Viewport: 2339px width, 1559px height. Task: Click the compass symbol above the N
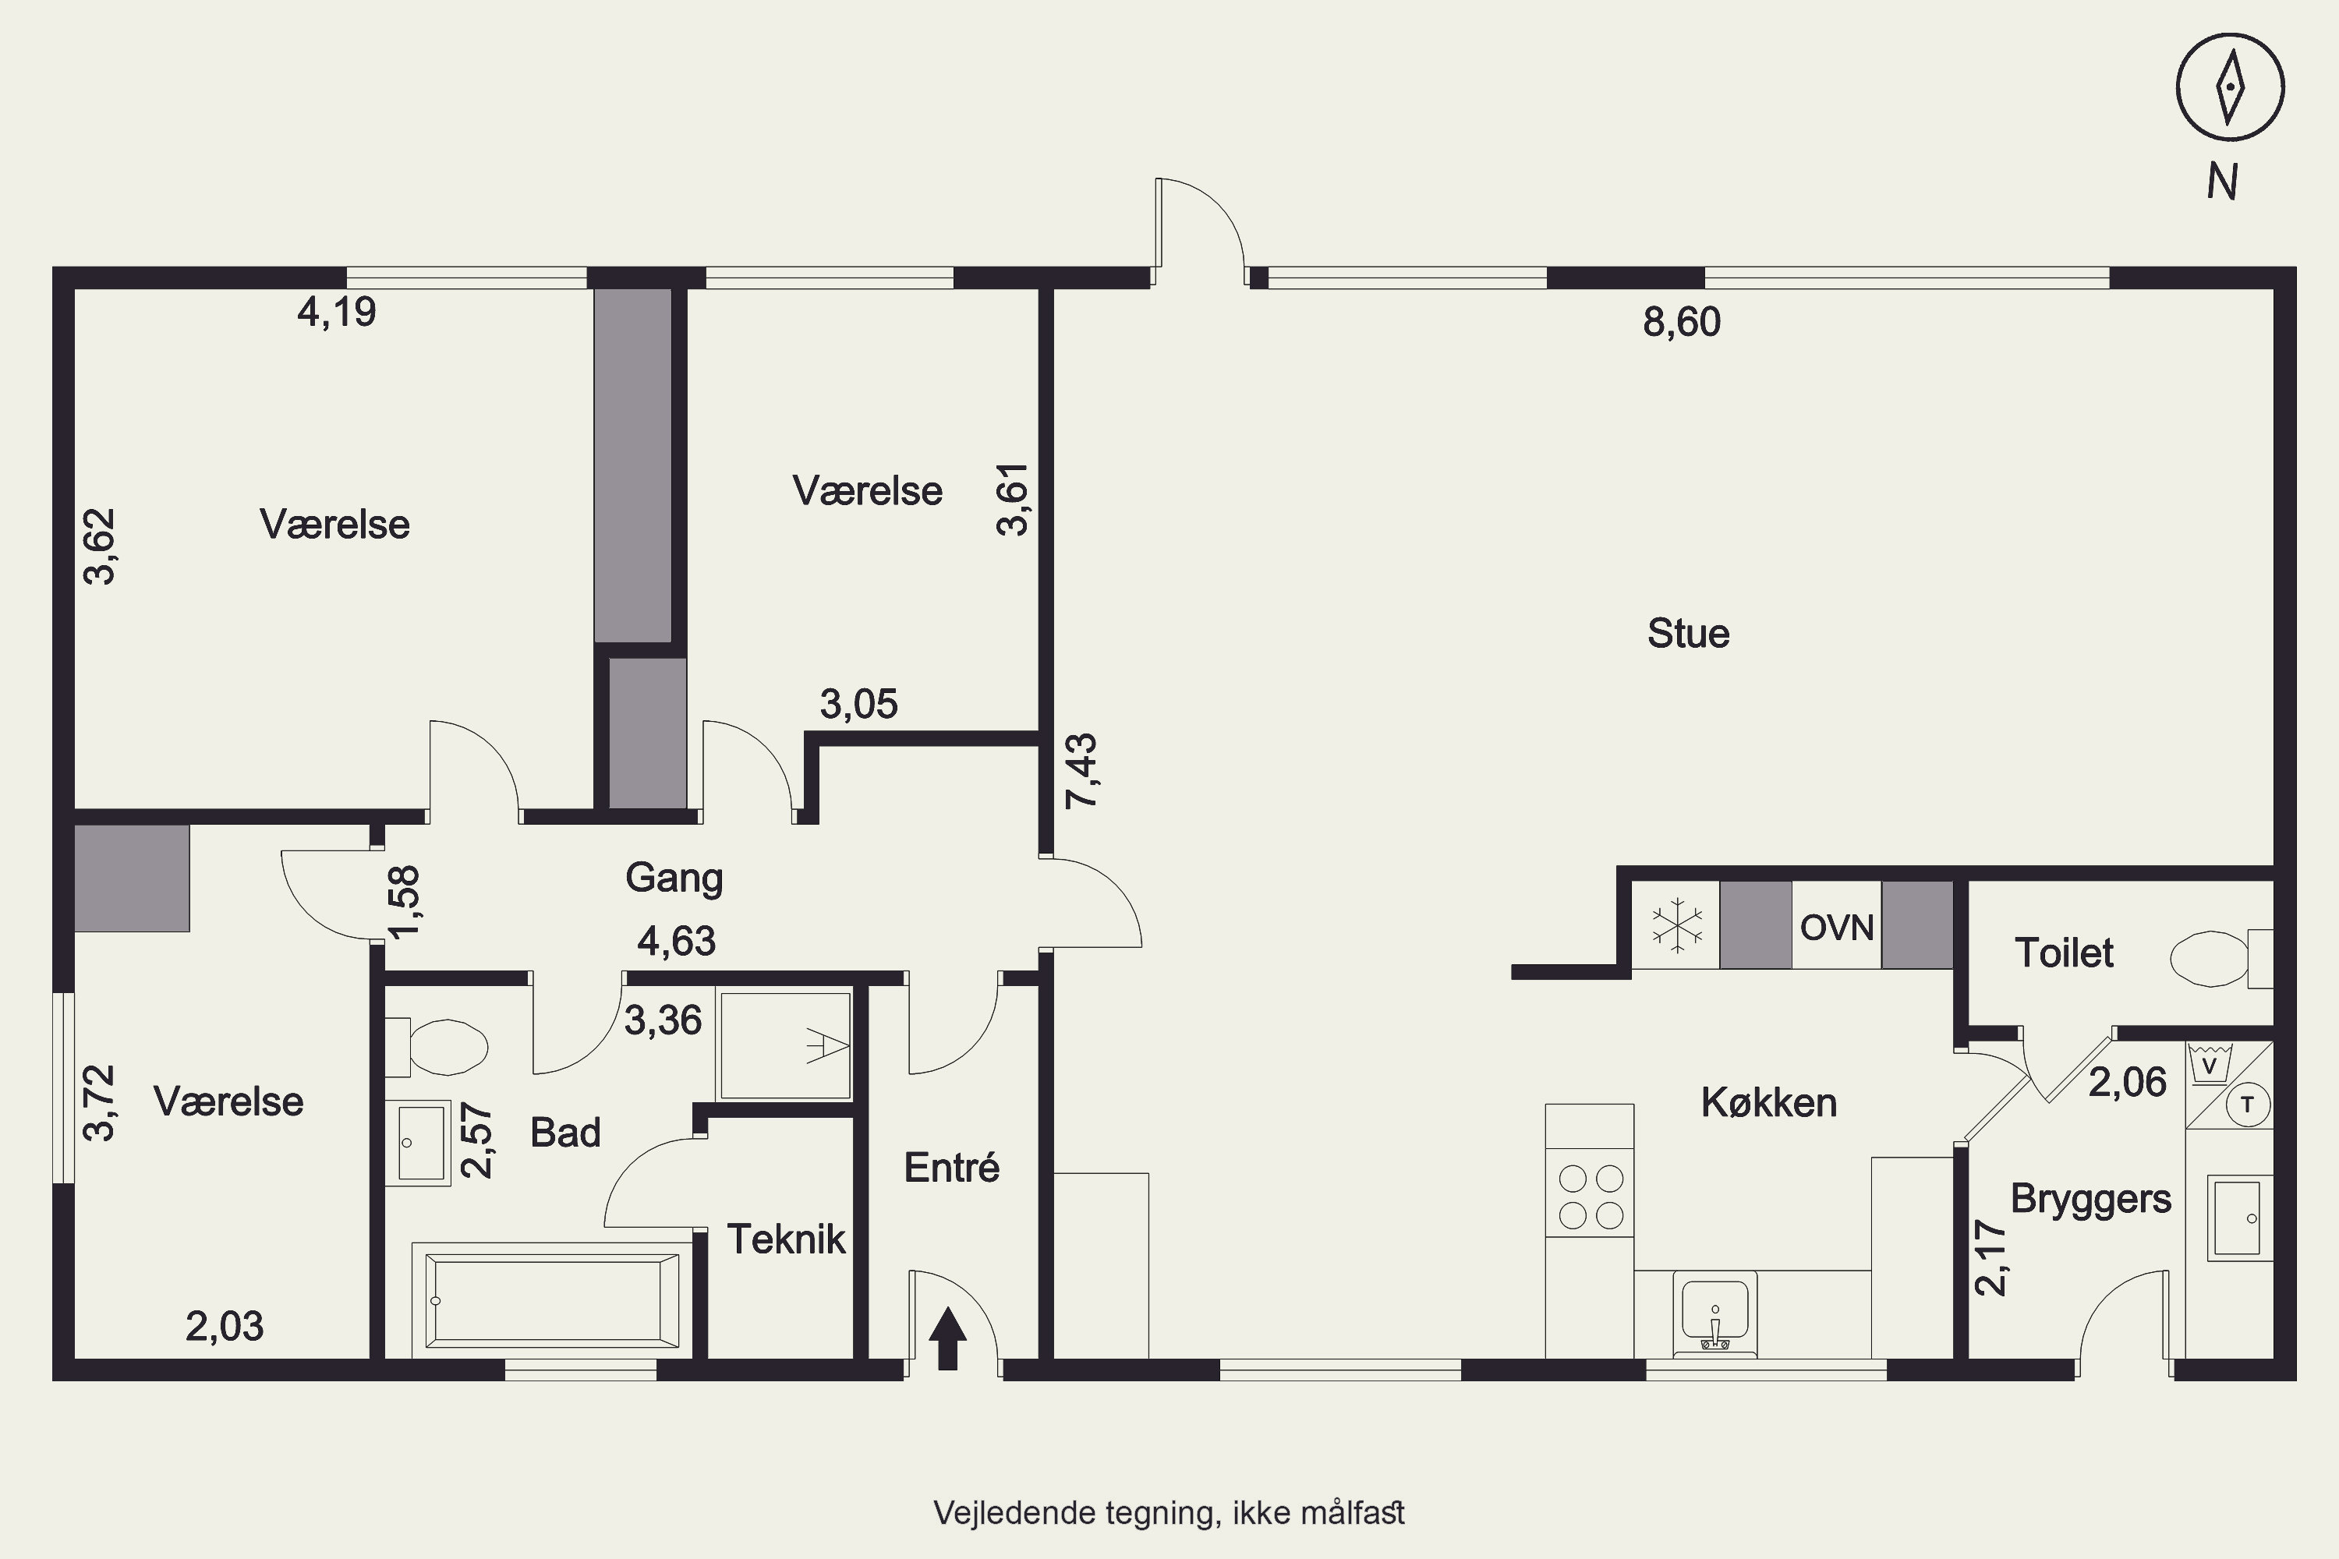pos(2230,87)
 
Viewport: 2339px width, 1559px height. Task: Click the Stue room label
pos(1688,633)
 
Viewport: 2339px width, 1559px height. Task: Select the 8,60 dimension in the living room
pos(1682,322)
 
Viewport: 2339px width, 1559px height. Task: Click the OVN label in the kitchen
pos(1837,928)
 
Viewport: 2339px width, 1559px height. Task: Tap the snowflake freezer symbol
pos(1678,926)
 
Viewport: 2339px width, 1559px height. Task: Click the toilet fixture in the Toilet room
pos(2220,959)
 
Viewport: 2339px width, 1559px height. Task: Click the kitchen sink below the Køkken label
pos(1714,1313)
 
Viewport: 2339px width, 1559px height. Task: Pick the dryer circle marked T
pos(2248,1105)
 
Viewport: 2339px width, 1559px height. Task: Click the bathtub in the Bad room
pos(552,1300)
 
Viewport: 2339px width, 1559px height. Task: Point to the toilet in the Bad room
pos(437,1047)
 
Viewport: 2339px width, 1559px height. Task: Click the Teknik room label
pos(786,1239)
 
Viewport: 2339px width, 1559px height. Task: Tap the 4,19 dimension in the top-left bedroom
pos(337,313)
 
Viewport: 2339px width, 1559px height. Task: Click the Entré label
pos(952,1166)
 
